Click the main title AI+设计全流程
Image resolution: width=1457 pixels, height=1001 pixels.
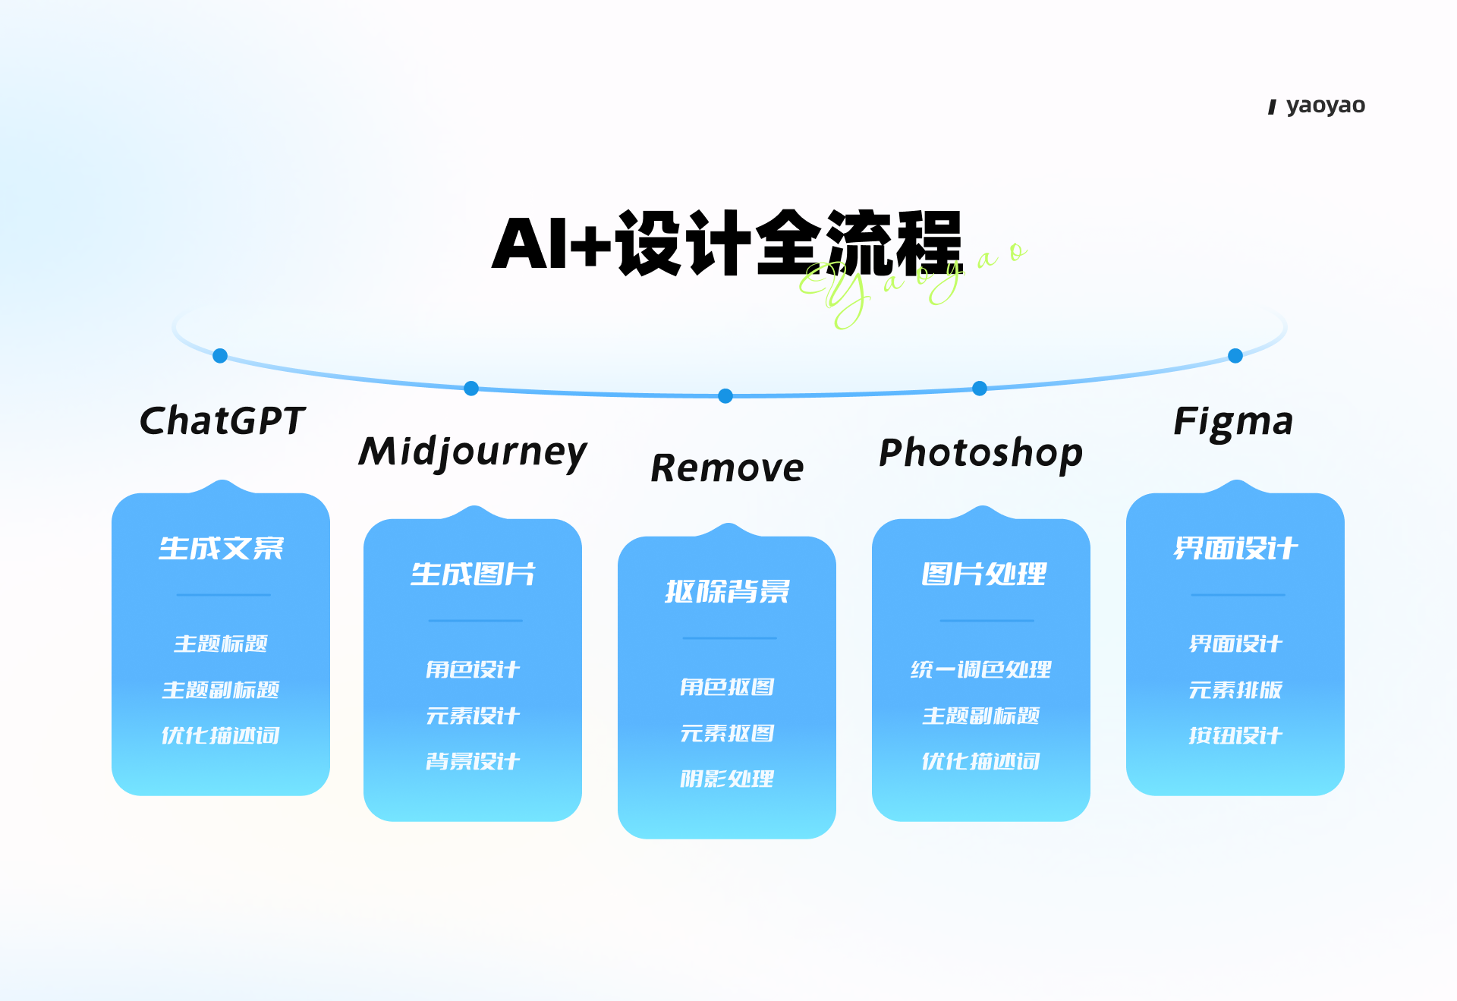point(727,243)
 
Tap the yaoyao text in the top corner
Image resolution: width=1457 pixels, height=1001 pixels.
point(1326,105)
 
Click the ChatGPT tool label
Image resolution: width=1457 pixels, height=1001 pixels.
point(222,420)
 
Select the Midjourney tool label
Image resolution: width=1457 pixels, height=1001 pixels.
point(473,453)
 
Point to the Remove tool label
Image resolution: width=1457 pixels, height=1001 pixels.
point(727,467)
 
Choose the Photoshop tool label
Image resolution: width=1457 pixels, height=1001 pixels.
point(980,454)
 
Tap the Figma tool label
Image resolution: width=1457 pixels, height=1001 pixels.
point(1233,422)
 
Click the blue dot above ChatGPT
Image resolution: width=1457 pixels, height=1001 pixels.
point(220,355)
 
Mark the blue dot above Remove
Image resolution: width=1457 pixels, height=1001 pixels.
point(725,395)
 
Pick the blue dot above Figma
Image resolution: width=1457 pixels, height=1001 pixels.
point(1235,355)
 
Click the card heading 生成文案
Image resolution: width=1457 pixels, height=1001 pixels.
point(221,548)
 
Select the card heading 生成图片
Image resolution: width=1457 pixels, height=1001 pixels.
point(473,574)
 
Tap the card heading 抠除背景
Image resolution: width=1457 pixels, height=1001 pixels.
point(727,591)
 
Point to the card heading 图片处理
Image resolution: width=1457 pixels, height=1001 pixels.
point(983,574)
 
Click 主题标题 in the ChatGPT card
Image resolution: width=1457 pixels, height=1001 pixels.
point(221,644)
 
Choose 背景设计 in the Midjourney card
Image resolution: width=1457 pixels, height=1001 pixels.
point(473,760)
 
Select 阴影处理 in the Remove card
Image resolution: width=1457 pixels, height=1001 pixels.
point(727,779)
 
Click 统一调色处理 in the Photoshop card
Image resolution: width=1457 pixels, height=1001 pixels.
point(981,669)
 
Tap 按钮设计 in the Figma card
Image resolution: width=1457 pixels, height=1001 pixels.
point(1235,735)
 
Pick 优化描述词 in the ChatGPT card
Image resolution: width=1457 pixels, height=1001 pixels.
point(221,735)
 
